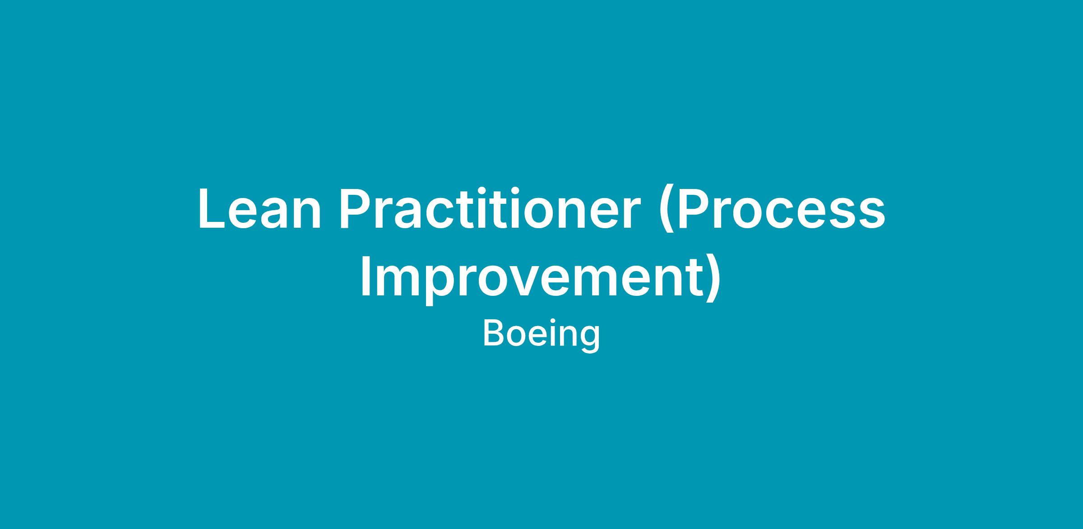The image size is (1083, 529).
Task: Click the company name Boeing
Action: [x=541, y=334]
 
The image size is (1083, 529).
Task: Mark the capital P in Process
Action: [x=693, y=208]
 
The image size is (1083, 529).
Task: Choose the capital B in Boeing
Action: [x=494, y=333]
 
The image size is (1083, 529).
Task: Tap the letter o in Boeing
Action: [x=517, y=337]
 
